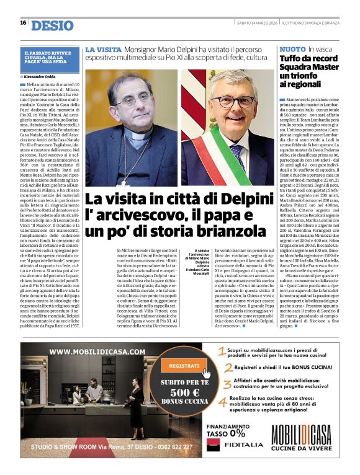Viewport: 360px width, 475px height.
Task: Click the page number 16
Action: tap(23, 23)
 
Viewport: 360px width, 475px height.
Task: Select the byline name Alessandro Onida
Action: tap(44, 76)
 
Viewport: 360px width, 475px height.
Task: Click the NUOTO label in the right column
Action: tap(292, 48)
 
